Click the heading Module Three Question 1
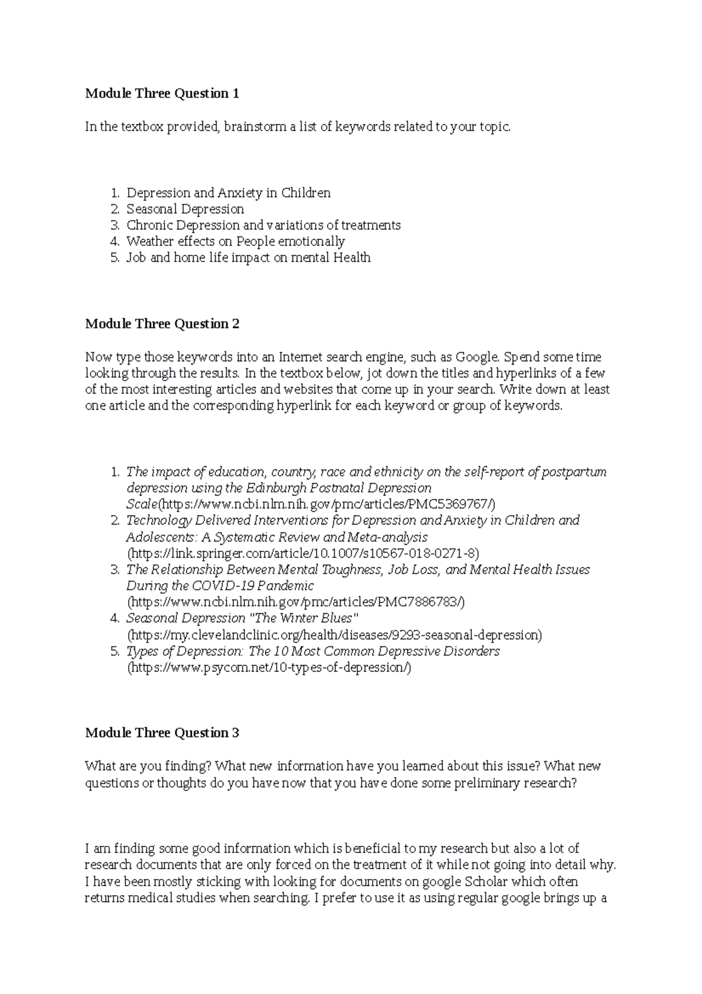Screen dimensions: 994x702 point(162,94)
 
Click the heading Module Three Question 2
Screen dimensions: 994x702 point(162,324)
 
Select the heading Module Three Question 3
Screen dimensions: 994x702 point(162,733)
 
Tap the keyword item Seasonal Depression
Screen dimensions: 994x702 point(185,209)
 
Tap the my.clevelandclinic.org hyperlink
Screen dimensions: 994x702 point(335,635)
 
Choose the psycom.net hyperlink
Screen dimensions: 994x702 point(270,668)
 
